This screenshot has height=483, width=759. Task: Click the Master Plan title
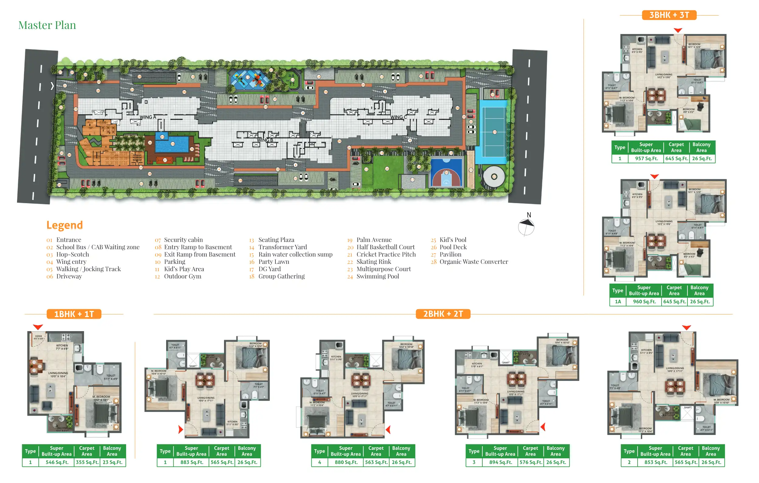(47, 25)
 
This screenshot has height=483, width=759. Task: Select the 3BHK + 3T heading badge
(669, 15)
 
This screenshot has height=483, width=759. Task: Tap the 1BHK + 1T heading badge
(74, 314)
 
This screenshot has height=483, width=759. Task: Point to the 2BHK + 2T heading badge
(443, 314)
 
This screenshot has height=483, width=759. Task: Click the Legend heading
(65, 225)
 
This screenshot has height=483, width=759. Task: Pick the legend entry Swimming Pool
(378, 276)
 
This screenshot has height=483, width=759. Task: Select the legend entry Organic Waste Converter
(474, 262)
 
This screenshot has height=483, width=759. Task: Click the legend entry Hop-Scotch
(72, 254)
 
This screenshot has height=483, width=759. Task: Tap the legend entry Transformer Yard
(282, 247)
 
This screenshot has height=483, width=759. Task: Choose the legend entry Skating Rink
(373, 262)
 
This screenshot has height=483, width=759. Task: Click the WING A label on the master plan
(148, 117)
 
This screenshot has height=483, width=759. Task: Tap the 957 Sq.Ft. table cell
(646, 159)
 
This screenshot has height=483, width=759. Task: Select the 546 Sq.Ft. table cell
(57, 462)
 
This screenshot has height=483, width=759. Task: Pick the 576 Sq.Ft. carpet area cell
(531, 462)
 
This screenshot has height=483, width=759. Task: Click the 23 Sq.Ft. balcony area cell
(112, 462)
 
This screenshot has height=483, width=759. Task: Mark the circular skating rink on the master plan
(494, 177)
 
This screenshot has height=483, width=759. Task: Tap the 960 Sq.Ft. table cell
(644, 302)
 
